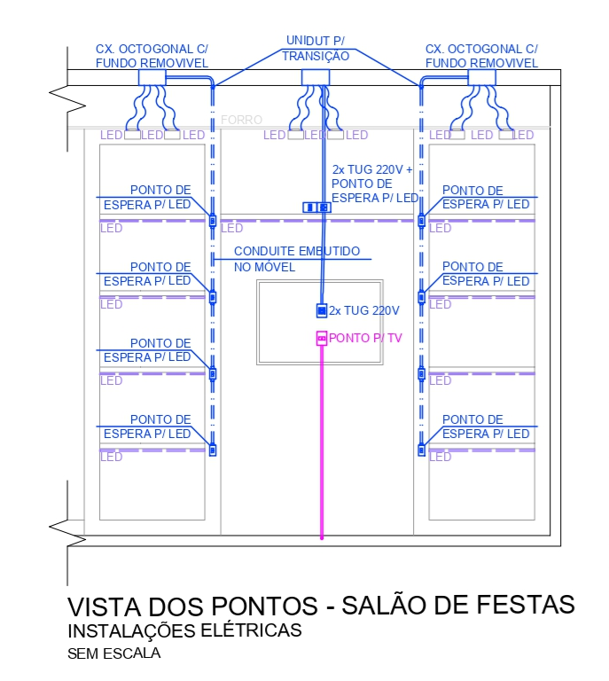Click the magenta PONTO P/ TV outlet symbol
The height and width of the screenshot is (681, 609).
click(322, 338)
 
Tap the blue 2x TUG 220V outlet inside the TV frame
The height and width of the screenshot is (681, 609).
click(322, 310)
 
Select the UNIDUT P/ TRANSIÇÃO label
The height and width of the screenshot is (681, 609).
click(316, 48)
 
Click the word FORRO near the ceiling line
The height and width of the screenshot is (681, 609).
click(241, 120)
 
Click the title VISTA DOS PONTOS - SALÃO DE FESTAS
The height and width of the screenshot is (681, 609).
click(321, 606)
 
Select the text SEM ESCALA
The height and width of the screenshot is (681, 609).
click(114, 654)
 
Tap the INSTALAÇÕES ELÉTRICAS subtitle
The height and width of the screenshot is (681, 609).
click(184, 631)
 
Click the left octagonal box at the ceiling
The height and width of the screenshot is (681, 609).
click(152, 78)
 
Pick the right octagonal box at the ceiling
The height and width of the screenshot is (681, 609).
click(481, 78)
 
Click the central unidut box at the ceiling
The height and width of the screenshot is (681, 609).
click(316, 78)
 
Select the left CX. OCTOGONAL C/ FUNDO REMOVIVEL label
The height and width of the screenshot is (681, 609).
click(152, 56)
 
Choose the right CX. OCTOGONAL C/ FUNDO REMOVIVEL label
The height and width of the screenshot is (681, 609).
click(481, 56)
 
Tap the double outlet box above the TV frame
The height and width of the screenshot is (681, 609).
click(316, 207)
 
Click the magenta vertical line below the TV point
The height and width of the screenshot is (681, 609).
click(322, 443)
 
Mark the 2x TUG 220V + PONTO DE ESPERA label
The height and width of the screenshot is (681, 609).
click(374, 184)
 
